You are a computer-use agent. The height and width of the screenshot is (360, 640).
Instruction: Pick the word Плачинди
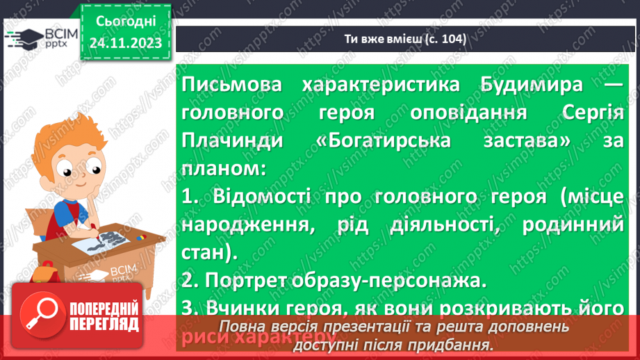(x=223, y=141)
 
